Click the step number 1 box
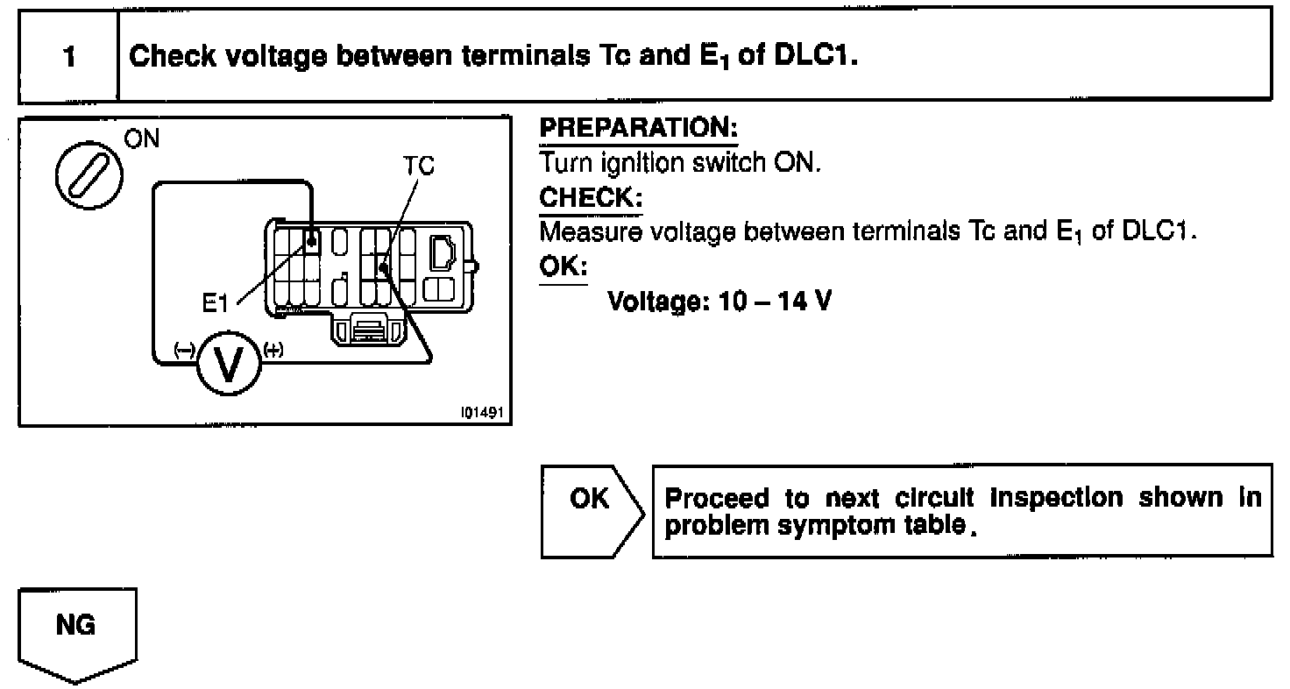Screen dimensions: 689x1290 click(x=67, y=56)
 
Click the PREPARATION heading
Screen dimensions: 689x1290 click(x=638, y=128)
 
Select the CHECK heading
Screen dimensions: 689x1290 click(x=591, y=198)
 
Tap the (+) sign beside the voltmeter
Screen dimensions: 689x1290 click(x=273, y=352)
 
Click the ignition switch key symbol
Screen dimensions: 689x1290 click(x=90, y=167)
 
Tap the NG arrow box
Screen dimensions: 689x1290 click(x=77, y=629)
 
